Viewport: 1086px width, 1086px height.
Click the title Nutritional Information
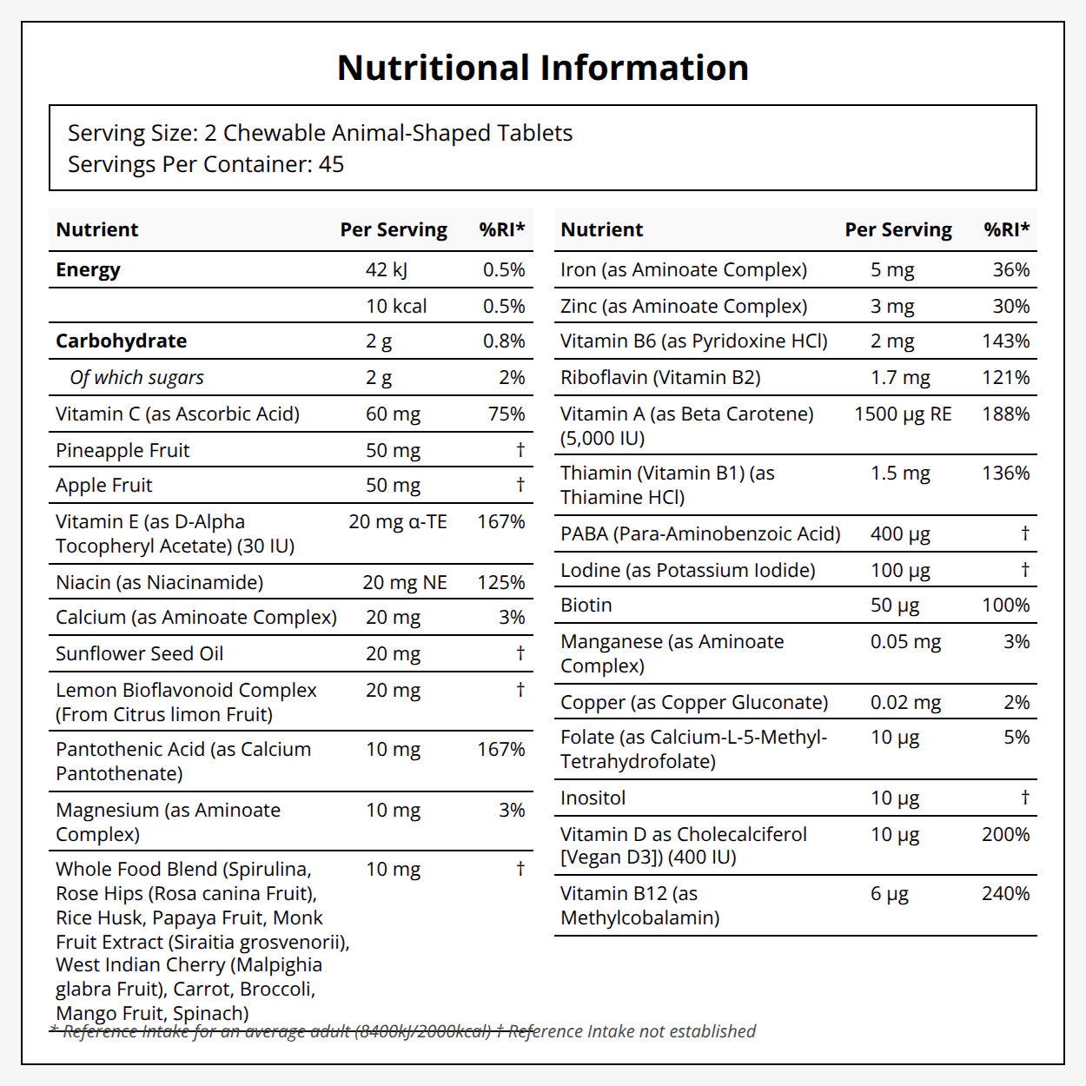tap(543, 68)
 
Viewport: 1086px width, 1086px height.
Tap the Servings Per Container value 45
tap(331, 164)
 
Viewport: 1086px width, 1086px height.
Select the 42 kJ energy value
tap(386, 270)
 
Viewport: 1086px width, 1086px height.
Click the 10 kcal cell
tap(396, 306)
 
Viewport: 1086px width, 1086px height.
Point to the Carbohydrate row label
tap(121, 341)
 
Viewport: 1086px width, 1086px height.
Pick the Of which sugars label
tap(137, 378)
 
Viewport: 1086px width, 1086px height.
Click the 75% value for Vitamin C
tap(507, 414)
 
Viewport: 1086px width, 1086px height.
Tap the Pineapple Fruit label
tap(123, 450)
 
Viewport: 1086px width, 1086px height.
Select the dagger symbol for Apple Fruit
tap(520, 484)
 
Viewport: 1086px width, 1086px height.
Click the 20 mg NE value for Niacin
tap(405, 582)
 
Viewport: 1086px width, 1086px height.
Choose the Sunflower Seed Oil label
tap(139, 653)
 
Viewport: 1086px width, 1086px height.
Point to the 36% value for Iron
tap(1011, 270)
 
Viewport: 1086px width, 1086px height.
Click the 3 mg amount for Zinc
tap(892, 307)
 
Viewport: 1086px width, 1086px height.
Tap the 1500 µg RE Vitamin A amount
tap(903, 414)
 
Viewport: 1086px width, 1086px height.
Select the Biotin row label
tap(586, 606)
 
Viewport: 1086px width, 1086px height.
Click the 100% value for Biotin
tap(1006, 606)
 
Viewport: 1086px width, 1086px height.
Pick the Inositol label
tap(593, 798)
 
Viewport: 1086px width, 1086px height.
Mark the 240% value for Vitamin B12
tap(1006, 893)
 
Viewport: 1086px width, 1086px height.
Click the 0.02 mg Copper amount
tap(905, 703)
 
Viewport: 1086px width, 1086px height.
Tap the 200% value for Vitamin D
tap(1006, 834)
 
